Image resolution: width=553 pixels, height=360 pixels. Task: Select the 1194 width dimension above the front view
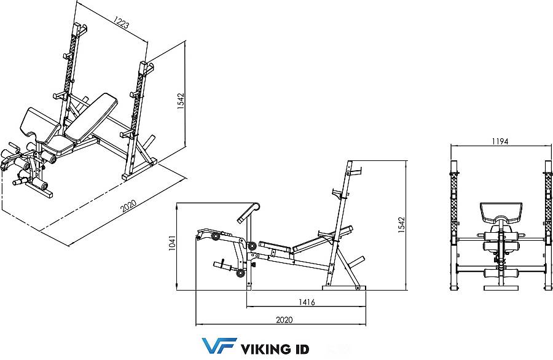(x=499, y=141)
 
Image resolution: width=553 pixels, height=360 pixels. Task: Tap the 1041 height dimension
(x=172, y=246)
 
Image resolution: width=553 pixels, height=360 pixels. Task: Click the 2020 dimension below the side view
(x=283, y=319)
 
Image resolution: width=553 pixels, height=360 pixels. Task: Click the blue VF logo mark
(x=218, y=346)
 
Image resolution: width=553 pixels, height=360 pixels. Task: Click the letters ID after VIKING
(x=300, y=349)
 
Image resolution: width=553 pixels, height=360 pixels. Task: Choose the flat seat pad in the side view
(x=275, y=249)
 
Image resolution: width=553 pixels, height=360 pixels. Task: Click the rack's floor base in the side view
(x=341, y=287)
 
